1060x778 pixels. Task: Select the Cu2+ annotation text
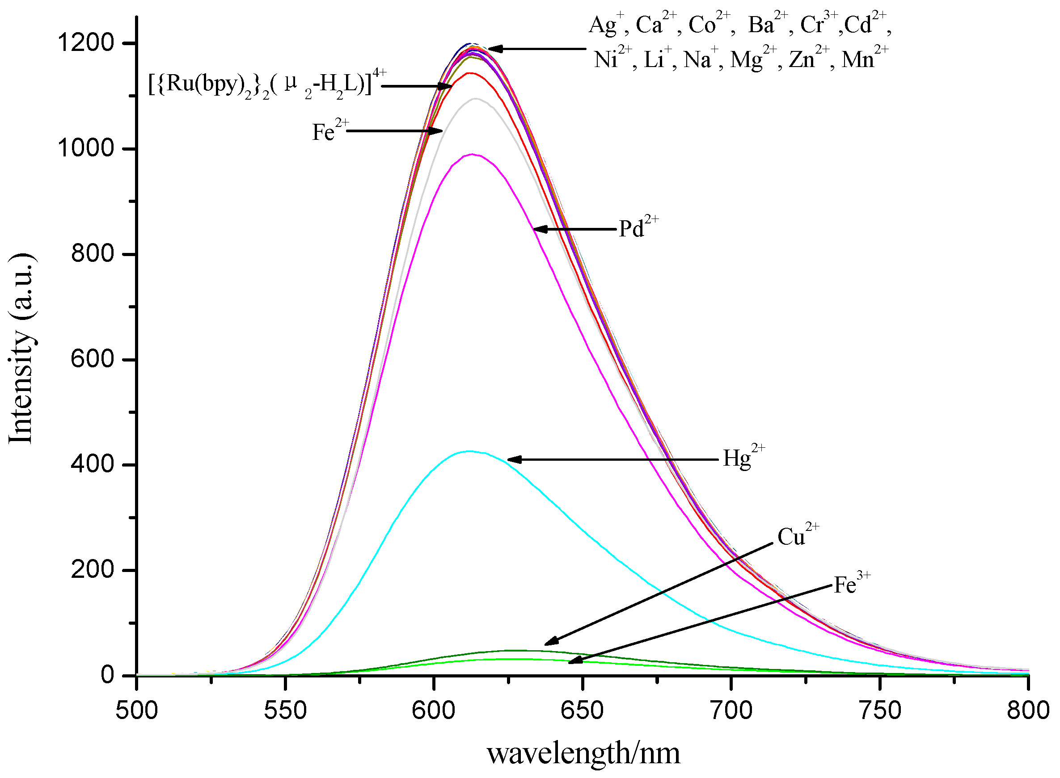point(797,536)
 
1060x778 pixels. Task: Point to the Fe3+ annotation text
point(851,585)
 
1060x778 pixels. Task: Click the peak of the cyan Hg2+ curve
point(469,452)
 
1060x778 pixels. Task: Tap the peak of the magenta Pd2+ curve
point(472,155)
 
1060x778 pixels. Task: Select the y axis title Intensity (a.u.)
point(21,349)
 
